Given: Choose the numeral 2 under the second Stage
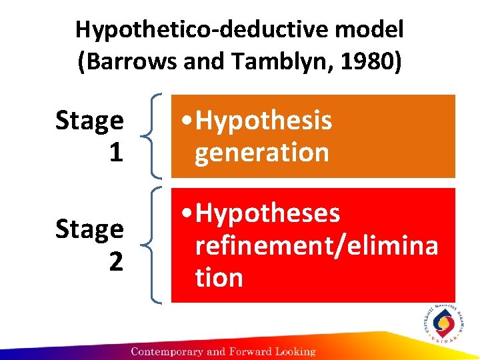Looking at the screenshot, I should coord(115,261).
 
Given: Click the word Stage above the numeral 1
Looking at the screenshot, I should coord(89,121).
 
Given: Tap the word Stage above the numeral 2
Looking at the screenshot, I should coord(89,230).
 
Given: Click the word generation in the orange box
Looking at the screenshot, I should coord(261,152).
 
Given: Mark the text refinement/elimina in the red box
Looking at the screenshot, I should coord(316,245).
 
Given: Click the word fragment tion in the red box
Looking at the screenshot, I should coord(219,277).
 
